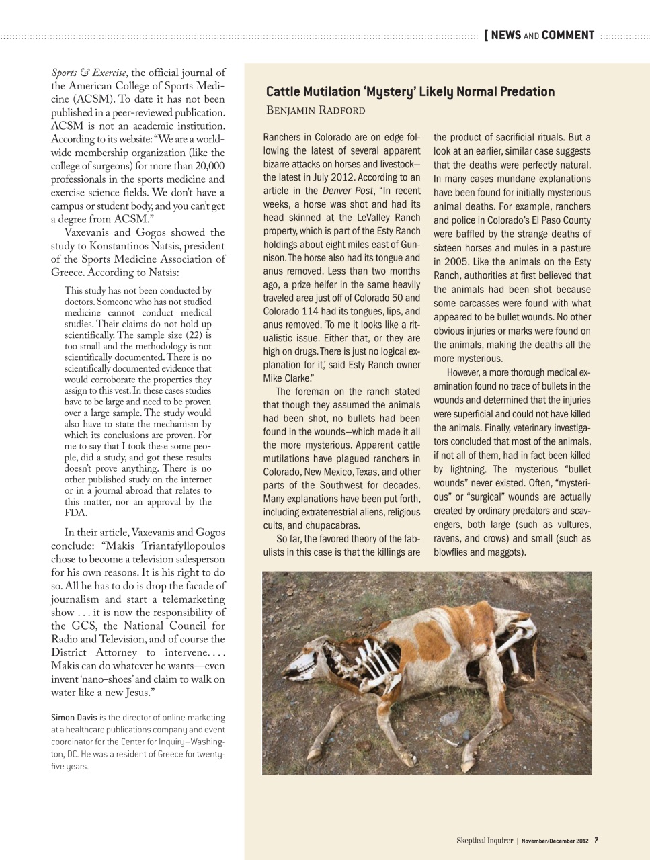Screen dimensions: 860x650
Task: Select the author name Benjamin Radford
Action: pyautogui.click(x=315, y=110)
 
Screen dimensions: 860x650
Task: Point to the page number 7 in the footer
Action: pyautogui.click(x=596, y=840)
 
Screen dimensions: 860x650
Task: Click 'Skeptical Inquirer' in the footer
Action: pyautogui.click(x=484, y=840)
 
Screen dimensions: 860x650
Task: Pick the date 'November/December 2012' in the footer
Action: pyautogui.click(x=555, y=840)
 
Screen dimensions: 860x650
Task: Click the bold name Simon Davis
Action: pyautogui.click(x=73, y=718)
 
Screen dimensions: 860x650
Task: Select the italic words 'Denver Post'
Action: pyautogui.click(x=348, y=191)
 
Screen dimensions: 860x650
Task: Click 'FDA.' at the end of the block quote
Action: pyautogui.click(x=75, y=513)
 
